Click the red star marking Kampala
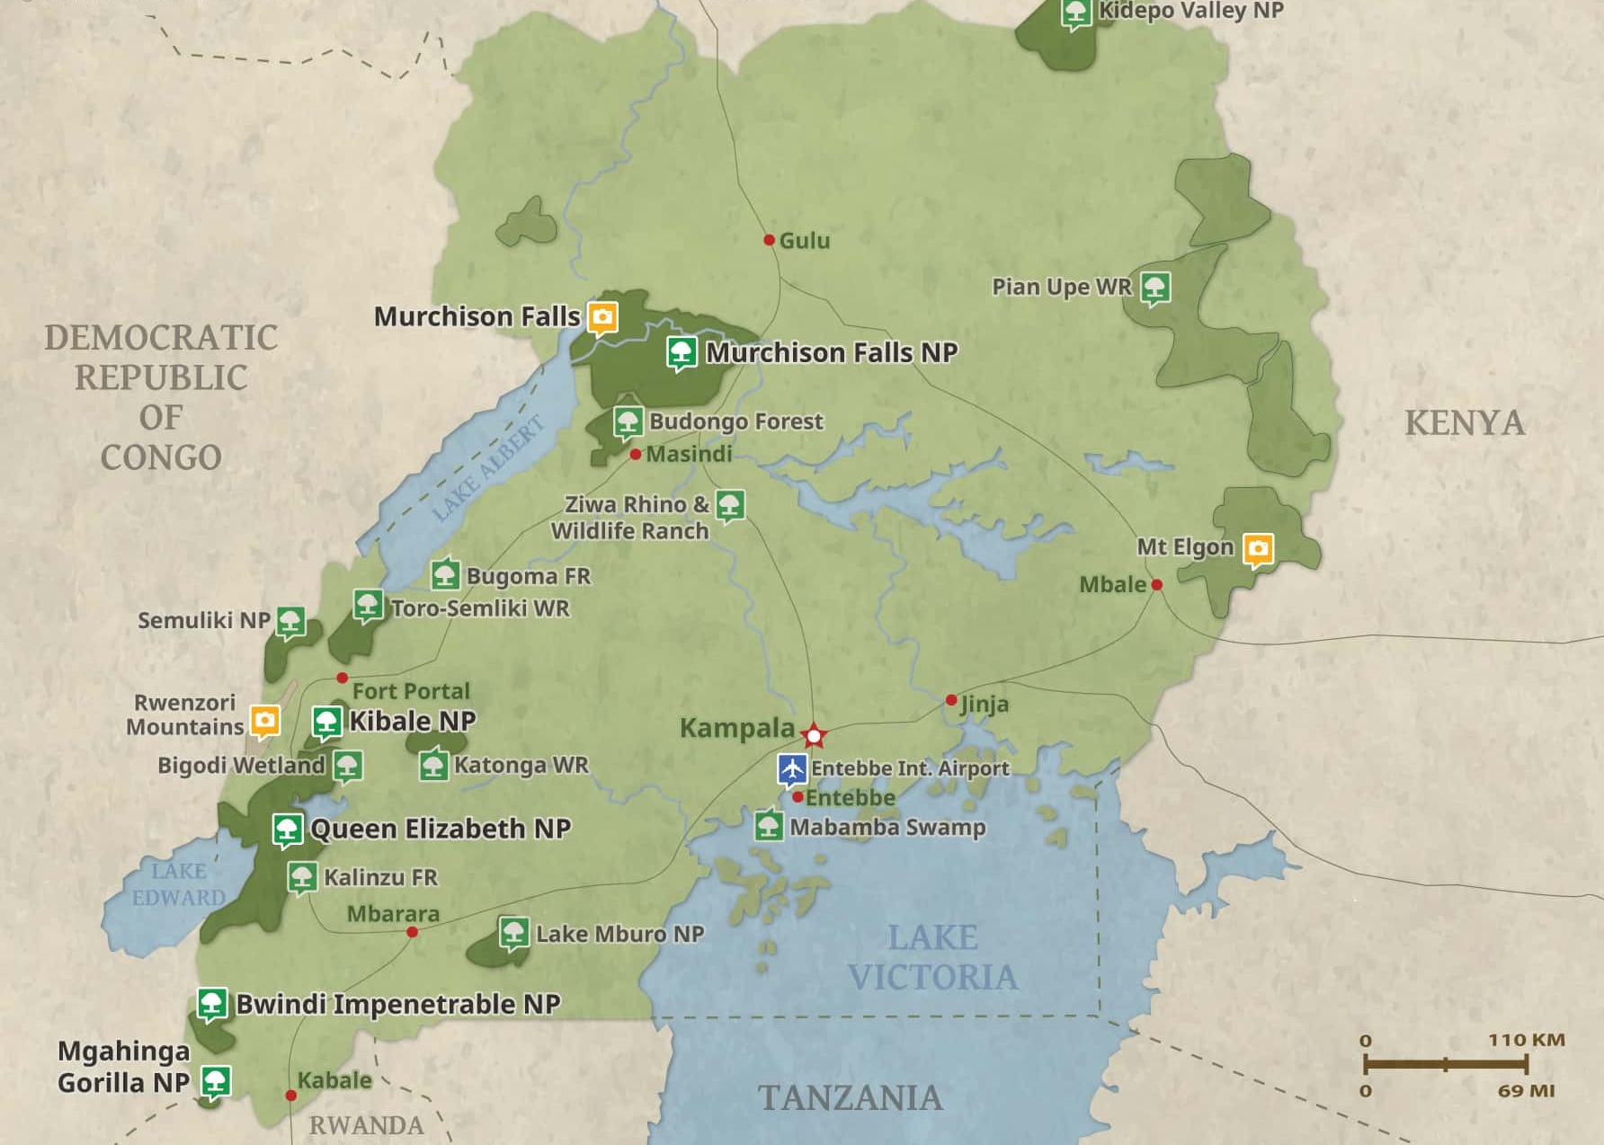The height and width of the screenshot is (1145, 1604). (814, 736)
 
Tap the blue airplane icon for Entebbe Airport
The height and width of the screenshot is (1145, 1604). (792, 770)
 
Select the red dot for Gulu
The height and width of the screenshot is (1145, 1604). (769, 240)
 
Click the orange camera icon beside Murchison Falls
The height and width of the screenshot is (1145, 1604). (602, 316)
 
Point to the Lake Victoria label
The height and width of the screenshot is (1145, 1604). (932, 957)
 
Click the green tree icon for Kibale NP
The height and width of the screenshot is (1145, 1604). (326, 722)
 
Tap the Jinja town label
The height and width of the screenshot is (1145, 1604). (985, 704)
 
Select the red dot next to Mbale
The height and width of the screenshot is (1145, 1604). (1157, 585)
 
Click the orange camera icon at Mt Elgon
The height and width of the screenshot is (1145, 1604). (1258, 548)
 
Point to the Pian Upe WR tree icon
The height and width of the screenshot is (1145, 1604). (1155, 288)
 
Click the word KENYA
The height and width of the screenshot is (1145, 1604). (1465, 422)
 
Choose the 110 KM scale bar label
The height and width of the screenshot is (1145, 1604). (1526, 1040)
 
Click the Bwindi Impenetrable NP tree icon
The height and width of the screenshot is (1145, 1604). (212, 1004)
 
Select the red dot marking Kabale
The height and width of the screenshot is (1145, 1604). (290, 1096)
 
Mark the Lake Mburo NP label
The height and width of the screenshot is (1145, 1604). (619, 935)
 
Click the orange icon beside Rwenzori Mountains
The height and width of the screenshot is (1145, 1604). (264, 720)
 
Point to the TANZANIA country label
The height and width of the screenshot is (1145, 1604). (851, 1097)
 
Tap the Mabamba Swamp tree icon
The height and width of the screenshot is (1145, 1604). (769, 825)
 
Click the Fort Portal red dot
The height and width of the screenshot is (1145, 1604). (342, 678)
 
